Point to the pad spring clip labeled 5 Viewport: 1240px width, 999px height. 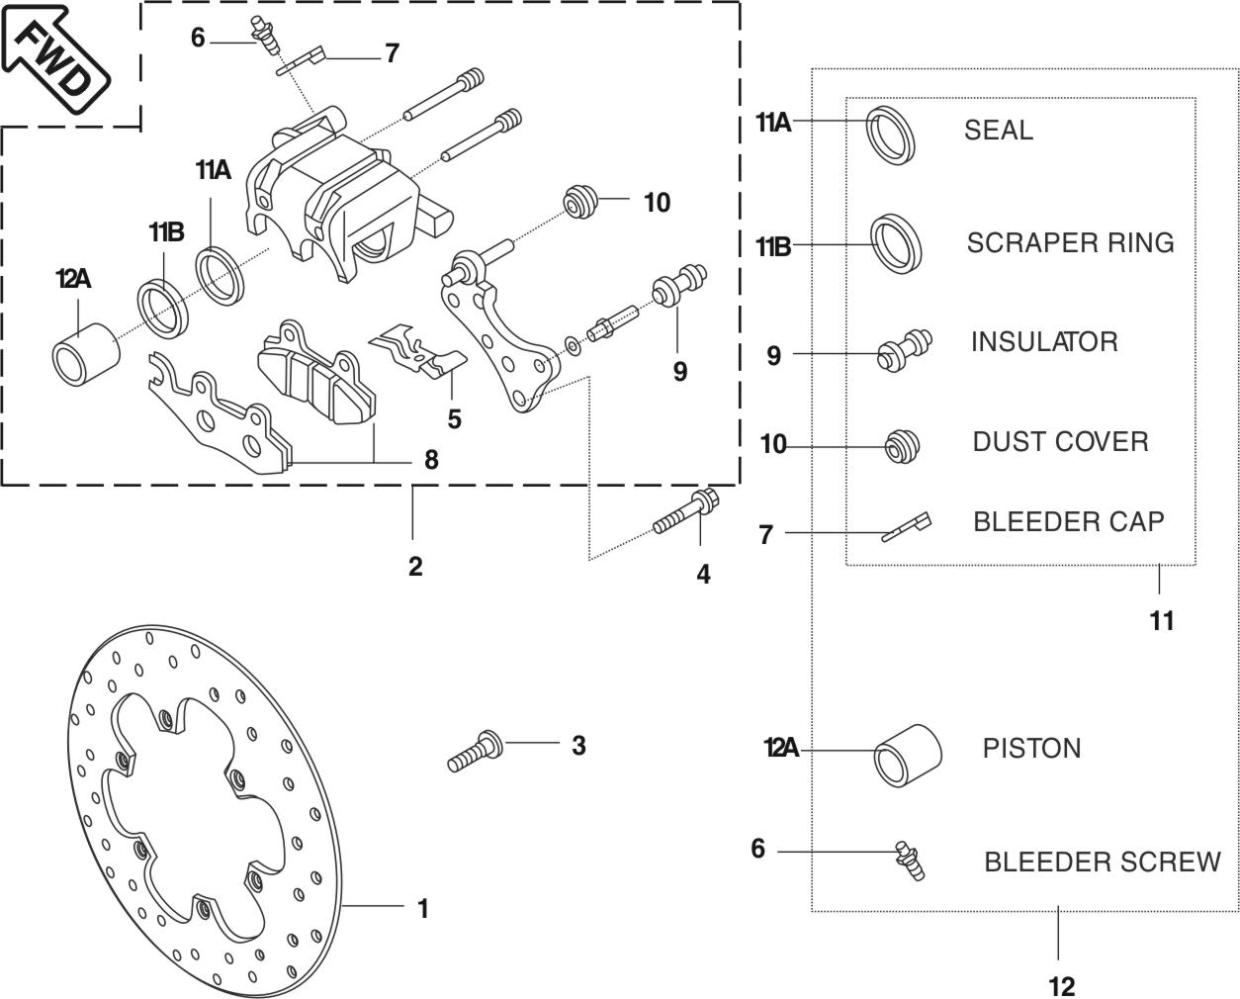pos(420,350)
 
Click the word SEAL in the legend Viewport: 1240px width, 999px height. pos(998,131)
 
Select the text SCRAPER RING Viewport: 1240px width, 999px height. pos(1070,243)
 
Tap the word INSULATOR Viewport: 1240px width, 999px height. pos(1044,342)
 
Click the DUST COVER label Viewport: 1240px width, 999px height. pos(1060,441)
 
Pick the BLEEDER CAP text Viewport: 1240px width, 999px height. pos(1068,521)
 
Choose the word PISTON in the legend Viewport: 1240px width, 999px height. pos(1031,748)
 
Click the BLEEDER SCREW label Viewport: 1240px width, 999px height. pos(1102,862)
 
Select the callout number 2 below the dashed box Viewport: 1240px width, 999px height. pos(415,567)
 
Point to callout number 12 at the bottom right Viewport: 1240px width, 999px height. pos(1061,985)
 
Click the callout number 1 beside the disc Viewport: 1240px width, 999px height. pos(422,908)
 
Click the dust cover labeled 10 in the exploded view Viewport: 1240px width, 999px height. pos(579,203)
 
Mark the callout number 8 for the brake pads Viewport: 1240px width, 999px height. pos(430,460)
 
